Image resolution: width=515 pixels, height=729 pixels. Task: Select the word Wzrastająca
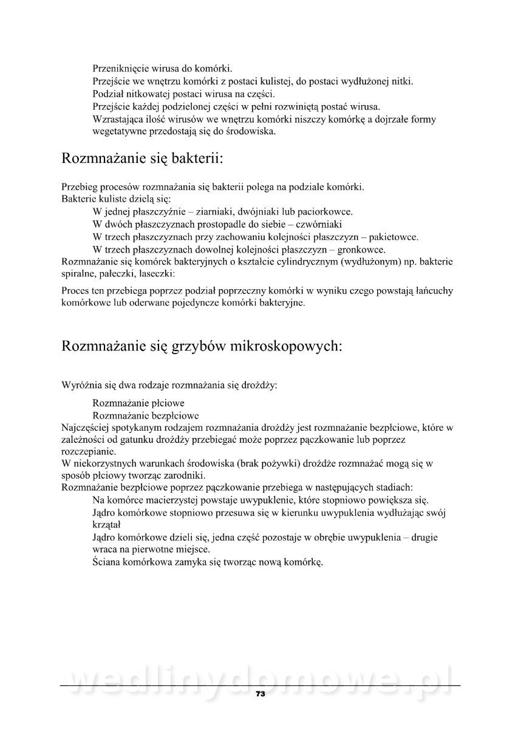tap(118, 119)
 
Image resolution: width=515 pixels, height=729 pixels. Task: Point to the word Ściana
tap(108, 562)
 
